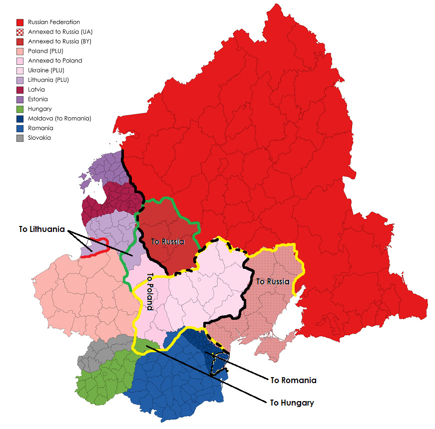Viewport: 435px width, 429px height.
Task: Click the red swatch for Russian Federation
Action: [20, 22]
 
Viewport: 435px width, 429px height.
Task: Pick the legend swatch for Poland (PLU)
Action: [20, 51]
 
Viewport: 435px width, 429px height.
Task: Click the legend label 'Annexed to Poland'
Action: [55, 61]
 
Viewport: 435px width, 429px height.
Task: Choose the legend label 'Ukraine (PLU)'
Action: [46, 70]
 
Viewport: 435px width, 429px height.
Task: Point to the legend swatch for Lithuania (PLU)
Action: [20, 80]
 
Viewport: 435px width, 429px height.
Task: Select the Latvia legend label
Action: [36, 90]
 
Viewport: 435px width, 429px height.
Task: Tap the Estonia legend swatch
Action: [20, 99]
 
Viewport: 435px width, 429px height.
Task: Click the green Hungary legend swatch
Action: [20, 109]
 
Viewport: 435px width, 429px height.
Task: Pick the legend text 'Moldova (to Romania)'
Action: [59, 119]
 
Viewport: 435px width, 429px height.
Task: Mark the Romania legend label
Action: [40, 128]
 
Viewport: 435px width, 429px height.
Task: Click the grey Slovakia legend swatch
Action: [20, 138]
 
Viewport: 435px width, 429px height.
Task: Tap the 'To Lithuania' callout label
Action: [42, 229]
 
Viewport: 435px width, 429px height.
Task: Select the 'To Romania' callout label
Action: [293, 381]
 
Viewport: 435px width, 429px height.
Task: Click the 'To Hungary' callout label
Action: [292, 403]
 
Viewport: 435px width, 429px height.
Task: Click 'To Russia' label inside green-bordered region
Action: [167, 242]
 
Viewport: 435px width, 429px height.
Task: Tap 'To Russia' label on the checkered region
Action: [273, 281]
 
